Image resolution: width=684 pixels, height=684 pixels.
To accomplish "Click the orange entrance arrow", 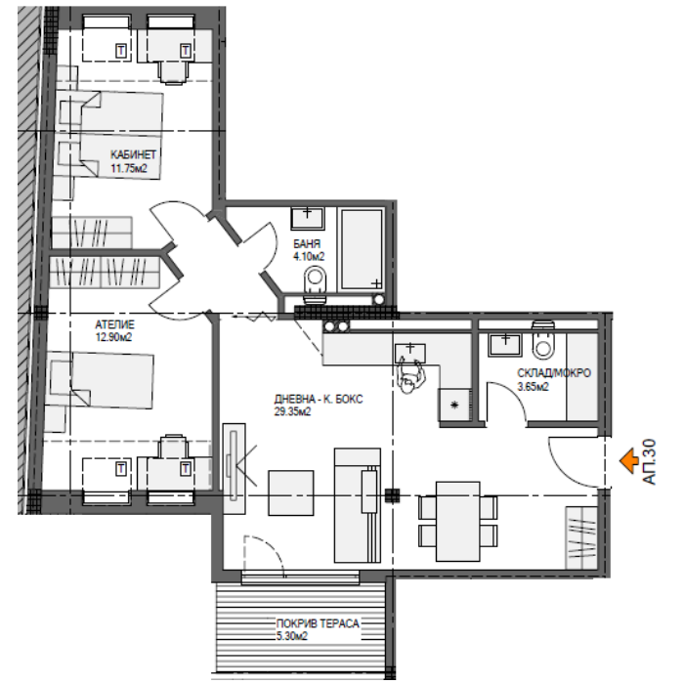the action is click(x=629, y=460).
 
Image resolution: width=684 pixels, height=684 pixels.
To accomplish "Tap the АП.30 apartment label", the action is click(x=649, y=461).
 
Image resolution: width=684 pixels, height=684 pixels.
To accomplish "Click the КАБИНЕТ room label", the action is click(x=133, y=154).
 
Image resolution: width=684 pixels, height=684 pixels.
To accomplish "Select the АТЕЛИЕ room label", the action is click(x=114, y=324).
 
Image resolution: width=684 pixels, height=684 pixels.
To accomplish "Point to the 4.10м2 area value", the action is click(x=309, y=256).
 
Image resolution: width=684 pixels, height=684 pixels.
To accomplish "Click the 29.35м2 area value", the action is click(x=292, y=411).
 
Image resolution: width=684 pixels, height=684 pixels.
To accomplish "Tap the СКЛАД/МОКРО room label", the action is click(x=554, y=373).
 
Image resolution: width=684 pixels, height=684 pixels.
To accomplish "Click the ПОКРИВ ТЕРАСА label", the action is click(x=318, y=623).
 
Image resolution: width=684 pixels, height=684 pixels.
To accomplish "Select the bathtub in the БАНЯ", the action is click(x=363, y=249).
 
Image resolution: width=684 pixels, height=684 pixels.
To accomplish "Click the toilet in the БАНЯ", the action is click(x=315, y=283).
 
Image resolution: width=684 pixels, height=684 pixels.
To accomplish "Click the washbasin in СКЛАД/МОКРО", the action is click(x=505, y=345).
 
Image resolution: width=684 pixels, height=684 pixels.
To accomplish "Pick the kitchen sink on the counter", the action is click(x=410, y=353).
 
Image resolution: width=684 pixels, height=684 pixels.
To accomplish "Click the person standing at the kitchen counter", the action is click(x=410, y=376).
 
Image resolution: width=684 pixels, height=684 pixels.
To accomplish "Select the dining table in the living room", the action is click(x=458, y=521).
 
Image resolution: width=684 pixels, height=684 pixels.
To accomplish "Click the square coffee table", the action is click(x=290, y=492).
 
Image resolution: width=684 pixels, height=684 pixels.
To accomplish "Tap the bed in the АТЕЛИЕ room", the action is click(x=102, y=380).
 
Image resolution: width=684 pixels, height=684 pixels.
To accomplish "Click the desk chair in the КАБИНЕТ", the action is click(x=174, y=72).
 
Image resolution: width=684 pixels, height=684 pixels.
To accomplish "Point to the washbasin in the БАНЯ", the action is click(x=308, y=218).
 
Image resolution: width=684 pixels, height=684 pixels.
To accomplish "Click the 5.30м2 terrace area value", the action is click(x=292, y=636).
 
